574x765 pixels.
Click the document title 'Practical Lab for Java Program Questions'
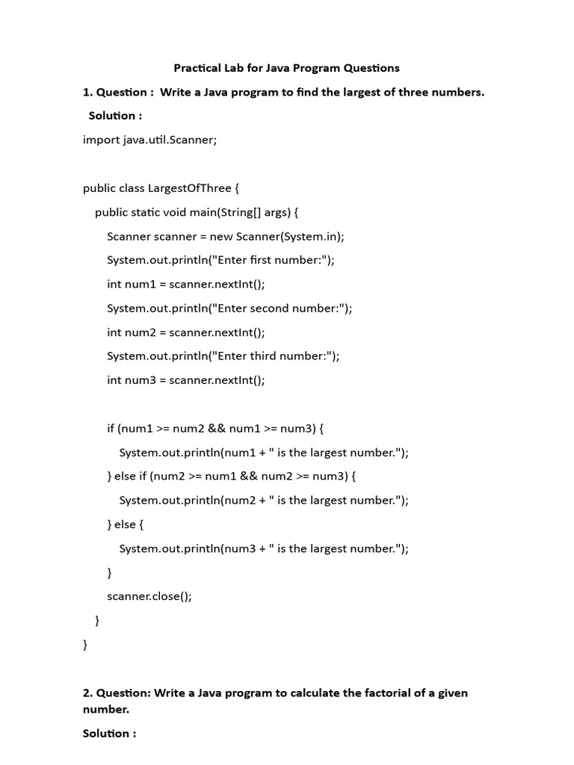tap(286, 68)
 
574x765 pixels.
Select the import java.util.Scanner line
tap(149, 140)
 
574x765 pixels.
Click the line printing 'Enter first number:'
tap(220, 260)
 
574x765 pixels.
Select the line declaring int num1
tap(185, 284)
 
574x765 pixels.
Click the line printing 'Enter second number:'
tap(229, 308)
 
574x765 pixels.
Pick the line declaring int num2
tap(185, 332)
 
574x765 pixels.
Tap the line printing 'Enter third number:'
tap(223, 356)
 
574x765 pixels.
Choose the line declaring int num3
tap(185, 380)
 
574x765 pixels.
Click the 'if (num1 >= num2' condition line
tap(215, 428)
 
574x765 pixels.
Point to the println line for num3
tap(264, 548)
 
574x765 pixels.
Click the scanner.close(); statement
tap(149, 596)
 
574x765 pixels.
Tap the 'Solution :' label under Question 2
tap(109, 733)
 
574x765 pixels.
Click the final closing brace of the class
tap(85, 644)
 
